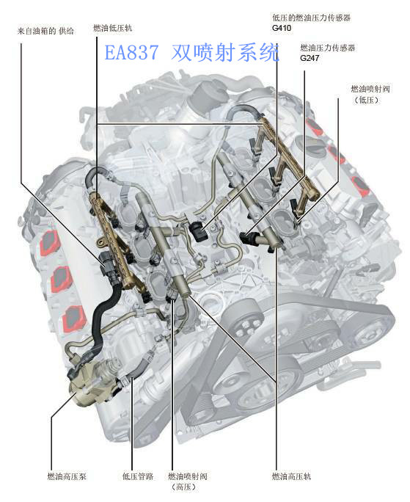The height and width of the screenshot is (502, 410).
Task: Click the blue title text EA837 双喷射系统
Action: click(192, 53)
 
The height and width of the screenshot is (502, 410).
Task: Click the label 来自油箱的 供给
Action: click(45, 31)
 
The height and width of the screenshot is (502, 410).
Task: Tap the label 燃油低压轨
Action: click(113, 28)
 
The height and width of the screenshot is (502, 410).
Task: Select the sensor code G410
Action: click(282, 28)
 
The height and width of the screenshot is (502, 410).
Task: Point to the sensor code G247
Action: click(310, 58)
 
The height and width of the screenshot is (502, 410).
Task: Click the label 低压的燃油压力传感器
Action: click(312, 18)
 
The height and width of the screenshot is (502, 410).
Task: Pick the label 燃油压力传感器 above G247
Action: click(328, 48)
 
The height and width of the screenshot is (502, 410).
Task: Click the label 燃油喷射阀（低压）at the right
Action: click(370, 94)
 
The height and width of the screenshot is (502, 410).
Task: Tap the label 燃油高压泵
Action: click(67, 476)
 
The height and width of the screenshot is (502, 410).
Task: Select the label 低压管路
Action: click(138, 476)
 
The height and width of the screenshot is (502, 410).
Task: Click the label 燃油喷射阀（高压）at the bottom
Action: click(188, 481)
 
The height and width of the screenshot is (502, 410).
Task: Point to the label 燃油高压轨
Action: click(291, 476)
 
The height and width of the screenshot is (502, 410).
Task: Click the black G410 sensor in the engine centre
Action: click(198, 231)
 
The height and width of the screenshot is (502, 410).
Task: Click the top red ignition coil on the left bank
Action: click(50, 244)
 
